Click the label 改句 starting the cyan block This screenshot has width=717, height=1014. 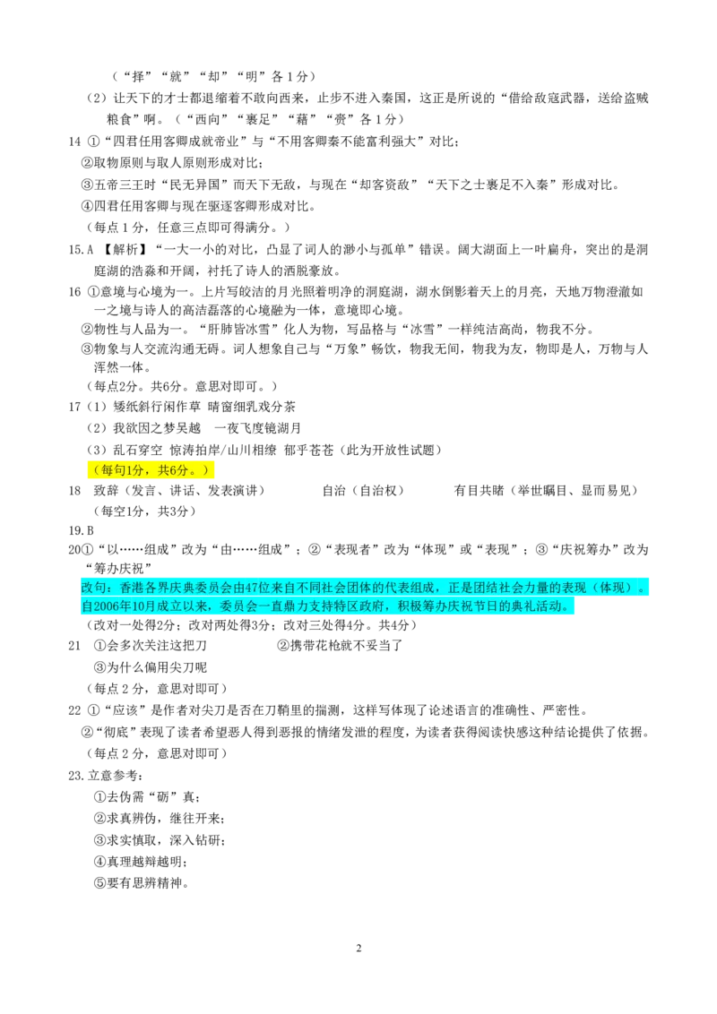point(93,588)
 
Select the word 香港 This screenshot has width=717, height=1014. point(131,588)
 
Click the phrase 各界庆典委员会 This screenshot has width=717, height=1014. point(187,588)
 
